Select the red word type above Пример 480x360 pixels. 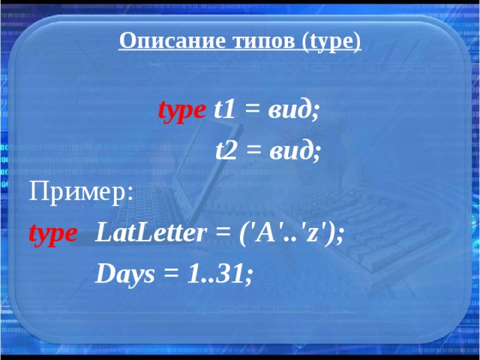(181, 112)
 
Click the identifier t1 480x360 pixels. (224, 112)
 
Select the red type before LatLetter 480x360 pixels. (52, 233)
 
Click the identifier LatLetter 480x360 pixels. (150, 233)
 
